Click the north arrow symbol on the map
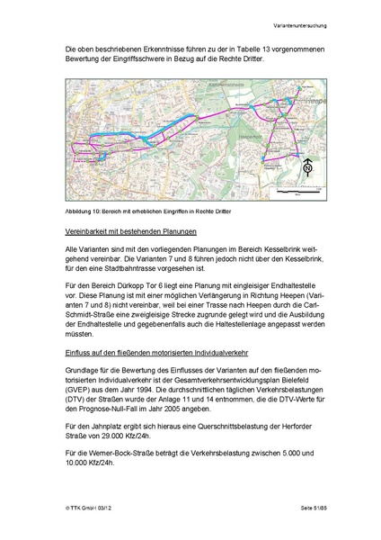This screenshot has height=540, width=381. point(307,166)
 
